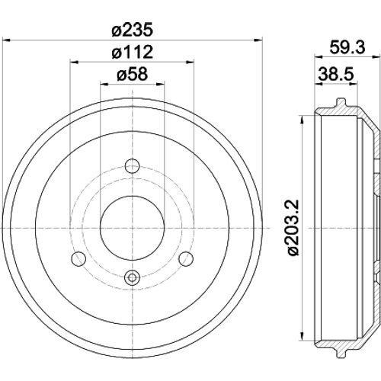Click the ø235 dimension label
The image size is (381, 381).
point(133,30)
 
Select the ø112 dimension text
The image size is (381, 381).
point(133,52)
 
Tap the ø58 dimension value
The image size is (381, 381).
point(133,74)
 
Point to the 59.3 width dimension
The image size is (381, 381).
point(347,47)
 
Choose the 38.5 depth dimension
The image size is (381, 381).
point(336,74)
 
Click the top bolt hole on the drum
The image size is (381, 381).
point(133,166)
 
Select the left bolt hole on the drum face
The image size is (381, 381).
point(78,259)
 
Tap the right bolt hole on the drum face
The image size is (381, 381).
point(186,259)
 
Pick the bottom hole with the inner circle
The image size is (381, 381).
point(133,277)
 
